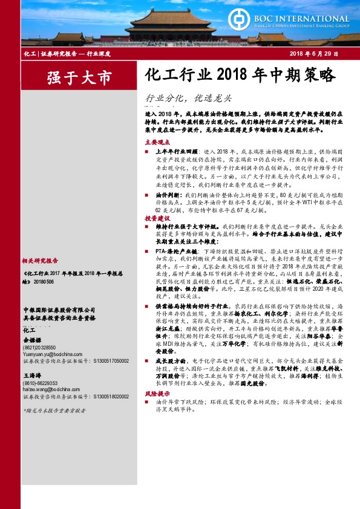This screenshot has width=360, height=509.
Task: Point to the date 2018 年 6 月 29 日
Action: (313, 55)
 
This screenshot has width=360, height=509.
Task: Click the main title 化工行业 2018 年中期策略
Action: (240, 75)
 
